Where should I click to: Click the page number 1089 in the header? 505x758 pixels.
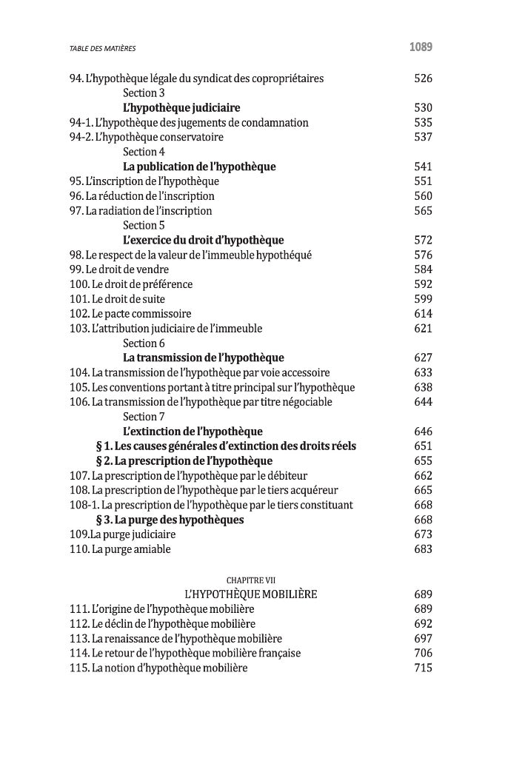(x=420, y=47)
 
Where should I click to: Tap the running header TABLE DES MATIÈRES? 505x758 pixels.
(x=103, y=49)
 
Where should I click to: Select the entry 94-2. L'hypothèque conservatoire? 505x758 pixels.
(x=147, y=137)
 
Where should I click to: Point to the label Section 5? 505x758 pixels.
(x=144, y=225)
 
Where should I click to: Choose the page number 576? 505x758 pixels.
(x=423, y=255)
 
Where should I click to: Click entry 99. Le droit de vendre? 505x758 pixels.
(x=119, y=269)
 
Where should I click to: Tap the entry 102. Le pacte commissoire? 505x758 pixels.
(x=130, y=314)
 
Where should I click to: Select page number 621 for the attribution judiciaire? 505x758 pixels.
(x=423, y=328)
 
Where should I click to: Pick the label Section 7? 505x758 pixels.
(x=144, y=417)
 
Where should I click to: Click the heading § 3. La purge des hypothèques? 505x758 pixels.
(x=170, y=520)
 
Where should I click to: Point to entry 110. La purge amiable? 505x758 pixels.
(x=120, y=549)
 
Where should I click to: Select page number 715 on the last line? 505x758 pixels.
(x=423, y=668)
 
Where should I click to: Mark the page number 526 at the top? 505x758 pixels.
(x=423, y=78)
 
